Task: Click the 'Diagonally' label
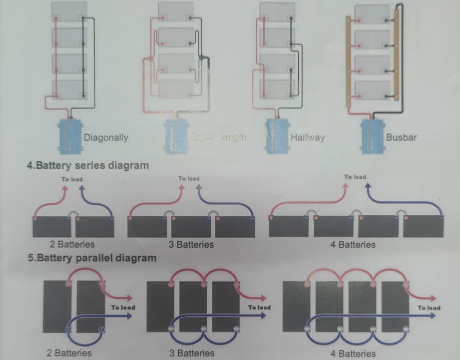pyautogui.click(x=106, y=138)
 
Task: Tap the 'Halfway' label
pyautogui.click(x=307, y=138)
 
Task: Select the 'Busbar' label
pyautogui.click(x=401, y=138)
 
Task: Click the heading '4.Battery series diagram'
pyautogui.click(x=88, y=165)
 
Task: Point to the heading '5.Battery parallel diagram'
pyautogui.click(x=92, y=258)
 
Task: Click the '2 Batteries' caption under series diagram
pyautogui.click(x=73, y=244)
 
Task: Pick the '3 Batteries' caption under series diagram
pyautogui.click(x=191, y=244)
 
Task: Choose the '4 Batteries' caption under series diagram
pyautogui.click(x=353, y=244)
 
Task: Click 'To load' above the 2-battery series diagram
pyautogui.click(x=72, y=179)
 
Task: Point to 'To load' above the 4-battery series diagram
pyautogui.click(x=355, y=177)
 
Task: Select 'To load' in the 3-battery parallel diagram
pyautogui.click(x=259, y=307)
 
